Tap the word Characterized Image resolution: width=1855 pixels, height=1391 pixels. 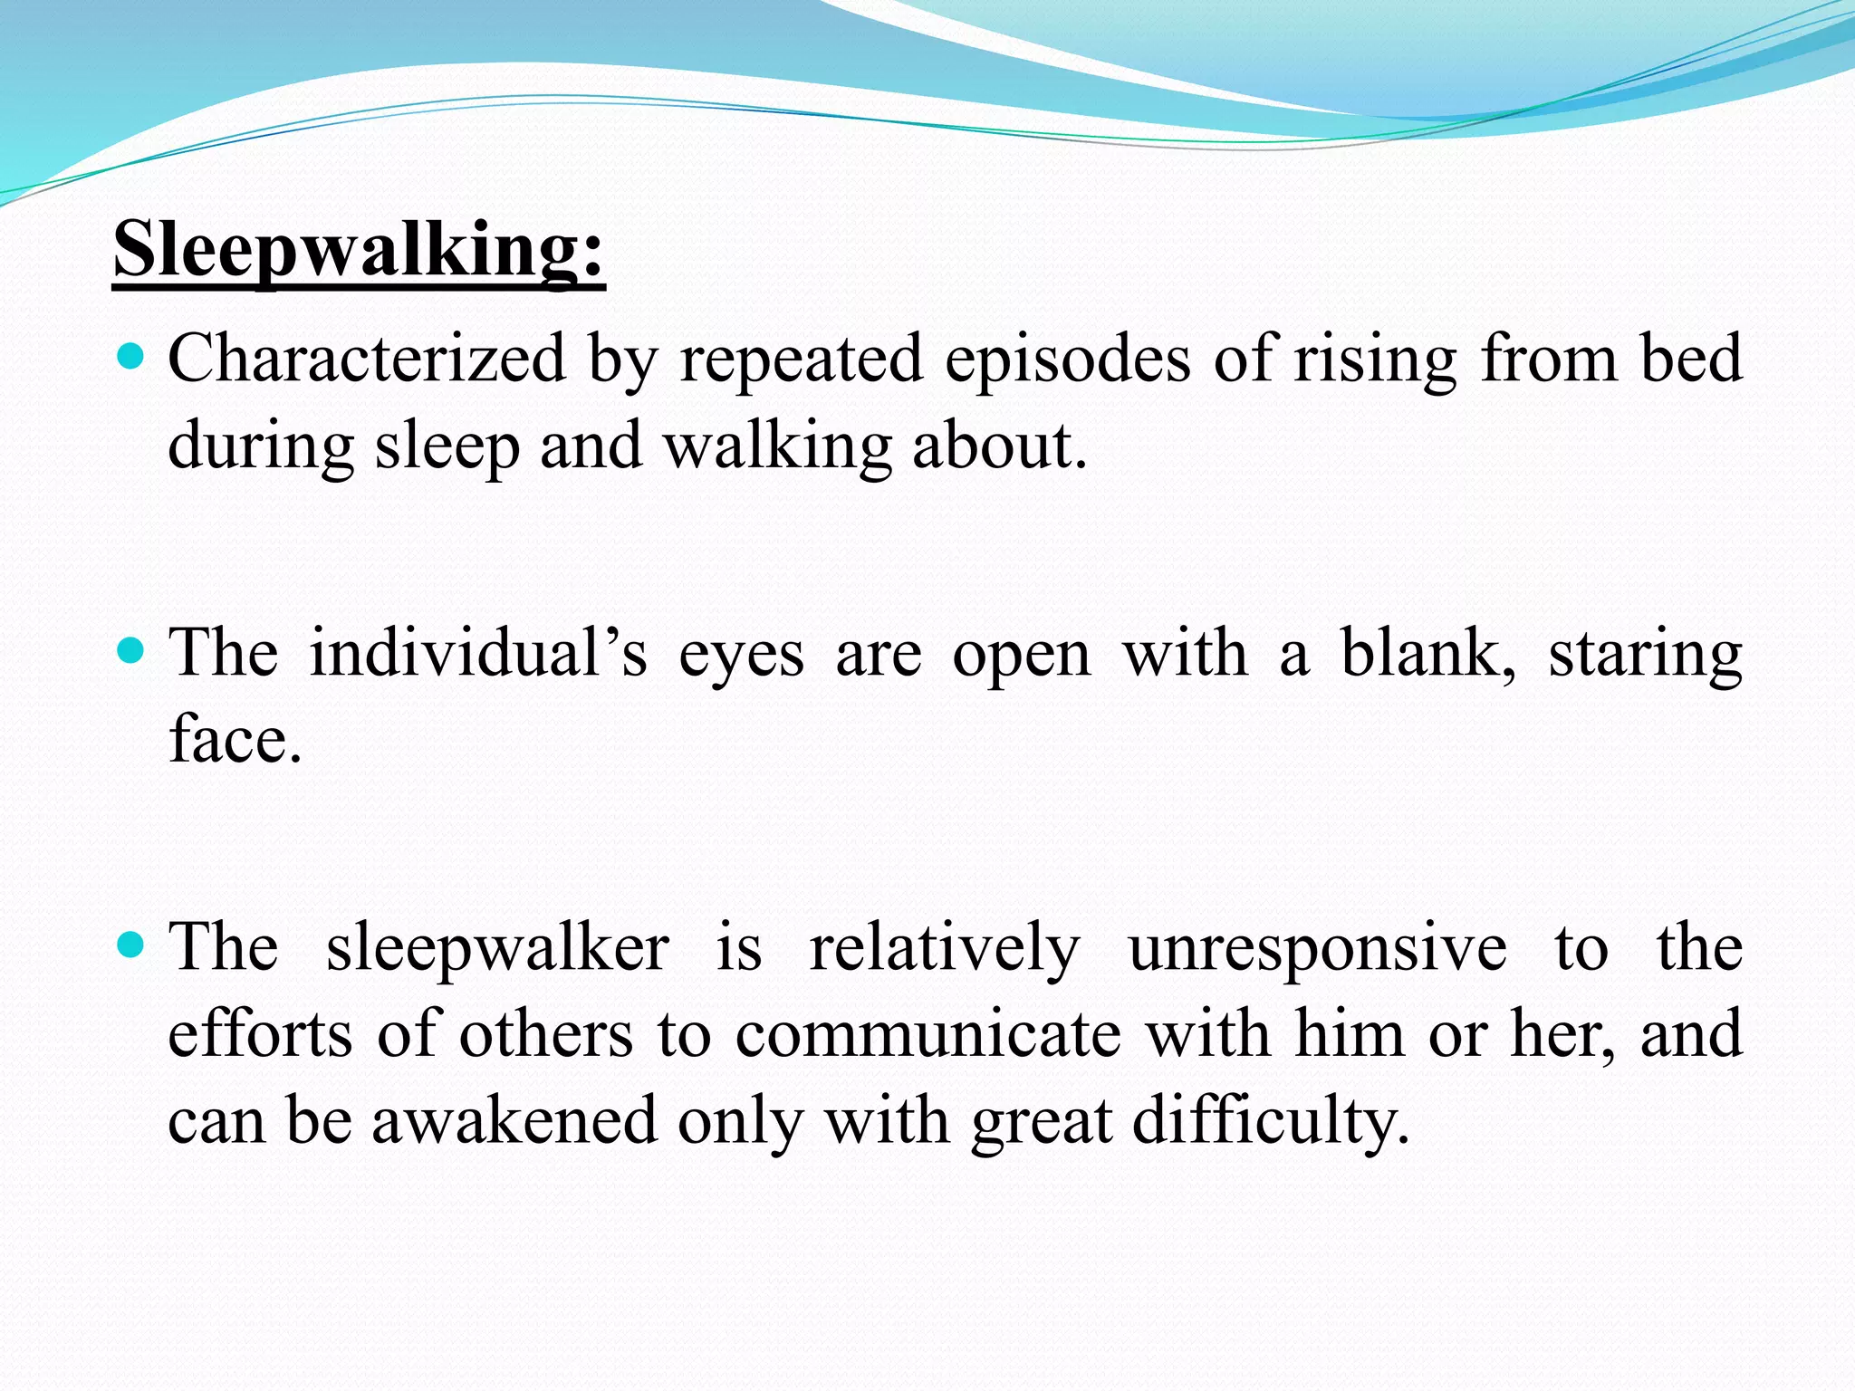pos(367,359)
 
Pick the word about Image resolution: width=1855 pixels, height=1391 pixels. pos(998,446)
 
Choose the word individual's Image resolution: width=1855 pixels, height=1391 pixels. pos(478,653)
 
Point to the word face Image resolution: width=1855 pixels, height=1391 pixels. pos(235,740)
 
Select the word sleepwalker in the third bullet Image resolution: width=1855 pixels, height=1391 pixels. pos(497,948)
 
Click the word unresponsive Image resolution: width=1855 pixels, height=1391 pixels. pos(1317,948)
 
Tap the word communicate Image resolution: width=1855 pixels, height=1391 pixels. pos(927,1034)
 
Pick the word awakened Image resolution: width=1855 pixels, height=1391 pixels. pos(514,1120)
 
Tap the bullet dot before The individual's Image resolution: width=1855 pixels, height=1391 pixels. pos(132,650)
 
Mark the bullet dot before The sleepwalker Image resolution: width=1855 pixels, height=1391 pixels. pos(132,945)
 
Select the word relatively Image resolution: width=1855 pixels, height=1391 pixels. pos(944,948)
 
